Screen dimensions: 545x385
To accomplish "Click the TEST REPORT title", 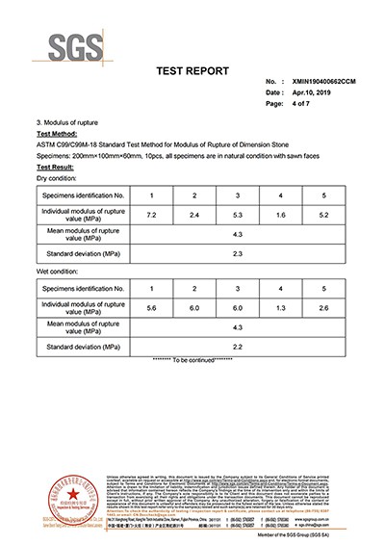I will (x=192, y=71).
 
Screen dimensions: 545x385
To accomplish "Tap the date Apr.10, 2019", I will (x=297, y=92).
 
